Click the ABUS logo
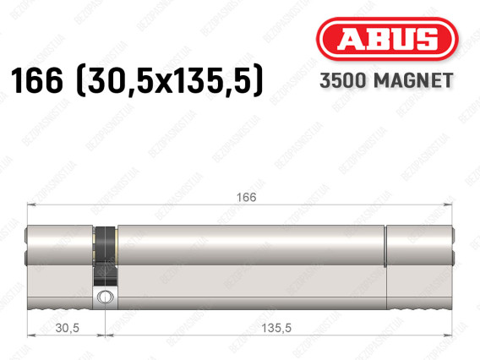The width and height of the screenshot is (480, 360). click(x=387, y=39)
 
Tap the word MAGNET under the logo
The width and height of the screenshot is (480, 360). click(x=413, y=80)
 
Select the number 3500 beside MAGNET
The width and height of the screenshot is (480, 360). click(x=342, y=80)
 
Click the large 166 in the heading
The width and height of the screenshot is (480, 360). click(x=36, y=80)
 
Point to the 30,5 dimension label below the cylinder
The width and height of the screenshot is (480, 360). click(x=68, y=328)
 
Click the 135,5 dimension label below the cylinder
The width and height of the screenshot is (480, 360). click(x=276, y=328)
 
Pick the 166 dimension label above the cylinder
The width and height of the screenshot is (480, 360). click(x=247, y=198)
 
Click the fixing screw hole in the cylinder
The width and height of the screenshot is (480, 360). click(x=105, y=297)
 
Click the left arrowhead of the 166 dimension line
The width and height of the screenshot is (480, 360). click(x=31, y=205)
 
